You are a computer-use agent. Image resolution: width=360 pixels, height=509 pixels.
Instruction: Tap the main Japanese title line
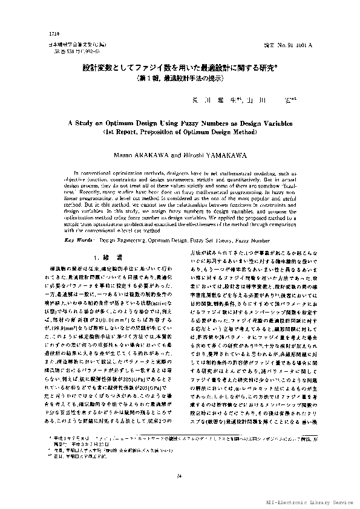[x=180, y=69]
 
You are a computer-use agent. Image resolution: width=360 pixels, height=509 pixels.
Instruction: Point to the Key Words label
[x=78, y=223]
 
